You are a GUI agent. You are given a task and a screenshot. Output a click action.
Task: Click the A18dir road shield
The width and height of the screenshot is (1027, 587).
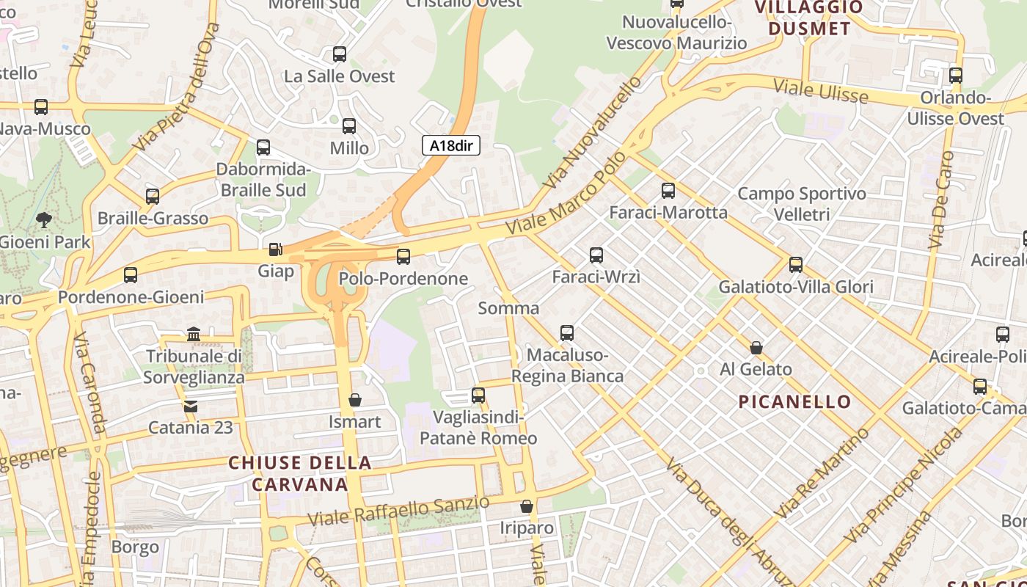tap(450, 145)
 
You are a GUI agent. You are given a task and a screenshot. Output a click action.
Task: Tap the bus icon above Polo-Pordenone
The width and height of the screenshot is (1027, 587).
tap(403, 257)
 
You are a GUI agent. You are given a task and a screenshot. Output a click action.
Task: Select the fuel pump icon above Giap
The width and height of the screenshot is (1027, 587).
tap(275, 249)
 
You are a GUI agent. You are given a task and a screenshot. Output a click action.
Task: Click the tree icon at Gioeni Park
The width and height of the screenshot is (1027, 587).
tap(44, 219)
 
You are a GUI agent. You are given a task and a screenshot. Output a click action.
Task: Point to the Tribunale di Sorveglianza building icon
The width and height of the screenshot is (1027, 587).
tap(194, 334)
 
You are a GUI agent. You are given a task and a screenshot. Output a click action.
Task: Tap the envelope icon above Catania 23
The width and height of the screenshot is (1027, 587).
tap(191, 406)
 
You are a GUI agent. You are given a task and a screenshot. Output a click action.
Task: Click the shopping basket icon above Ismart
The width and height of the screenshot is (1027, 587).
tap(355, 400)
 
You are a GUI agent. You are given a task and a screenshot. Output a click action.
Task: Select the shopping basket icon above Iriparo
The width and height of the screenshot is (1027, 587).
tap(526, 506)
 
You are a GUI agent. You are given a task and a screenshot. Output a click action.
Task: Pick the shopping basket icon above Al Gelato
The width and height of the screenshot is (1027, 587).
tap(756, 348)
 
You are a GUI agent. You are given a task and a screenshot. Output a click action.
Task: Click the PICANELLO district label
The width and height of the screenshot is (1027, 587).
tap(794, 402)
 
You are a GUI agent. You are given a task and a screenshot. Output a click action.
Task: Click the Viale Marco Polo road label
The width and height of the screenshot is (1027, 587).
tap(570, 194)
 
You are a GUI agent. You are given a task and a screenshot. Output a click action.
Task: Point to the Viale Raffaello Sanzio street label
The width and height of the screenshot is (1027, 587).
tap(398, 511)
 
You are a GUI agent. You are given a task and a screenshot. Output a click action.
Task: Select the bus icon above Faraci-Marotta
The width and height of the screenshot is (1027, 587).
tap(668, 191)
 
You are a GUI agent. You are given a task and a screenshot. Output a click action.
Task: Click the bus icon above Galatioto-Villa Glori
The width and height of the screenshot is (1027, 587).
tap(795, 265)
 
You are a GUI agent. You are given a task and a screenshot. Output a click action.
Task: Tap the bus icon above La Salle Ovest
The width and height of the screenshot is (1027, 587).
tap(339, 54)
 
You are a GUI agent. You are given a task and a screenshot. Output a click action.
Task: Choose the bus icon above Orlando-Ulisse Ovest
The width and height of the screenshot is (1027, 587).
tap(955, 76)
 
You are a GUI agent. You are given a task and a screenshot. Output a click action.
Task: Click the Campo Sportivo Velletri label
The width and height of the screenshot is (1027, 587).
tap(801, 204)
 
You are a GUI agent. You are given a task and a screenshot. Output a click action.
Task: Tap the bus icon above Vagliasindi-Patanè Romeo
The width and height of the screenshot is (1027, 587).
tap(478, 395)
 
